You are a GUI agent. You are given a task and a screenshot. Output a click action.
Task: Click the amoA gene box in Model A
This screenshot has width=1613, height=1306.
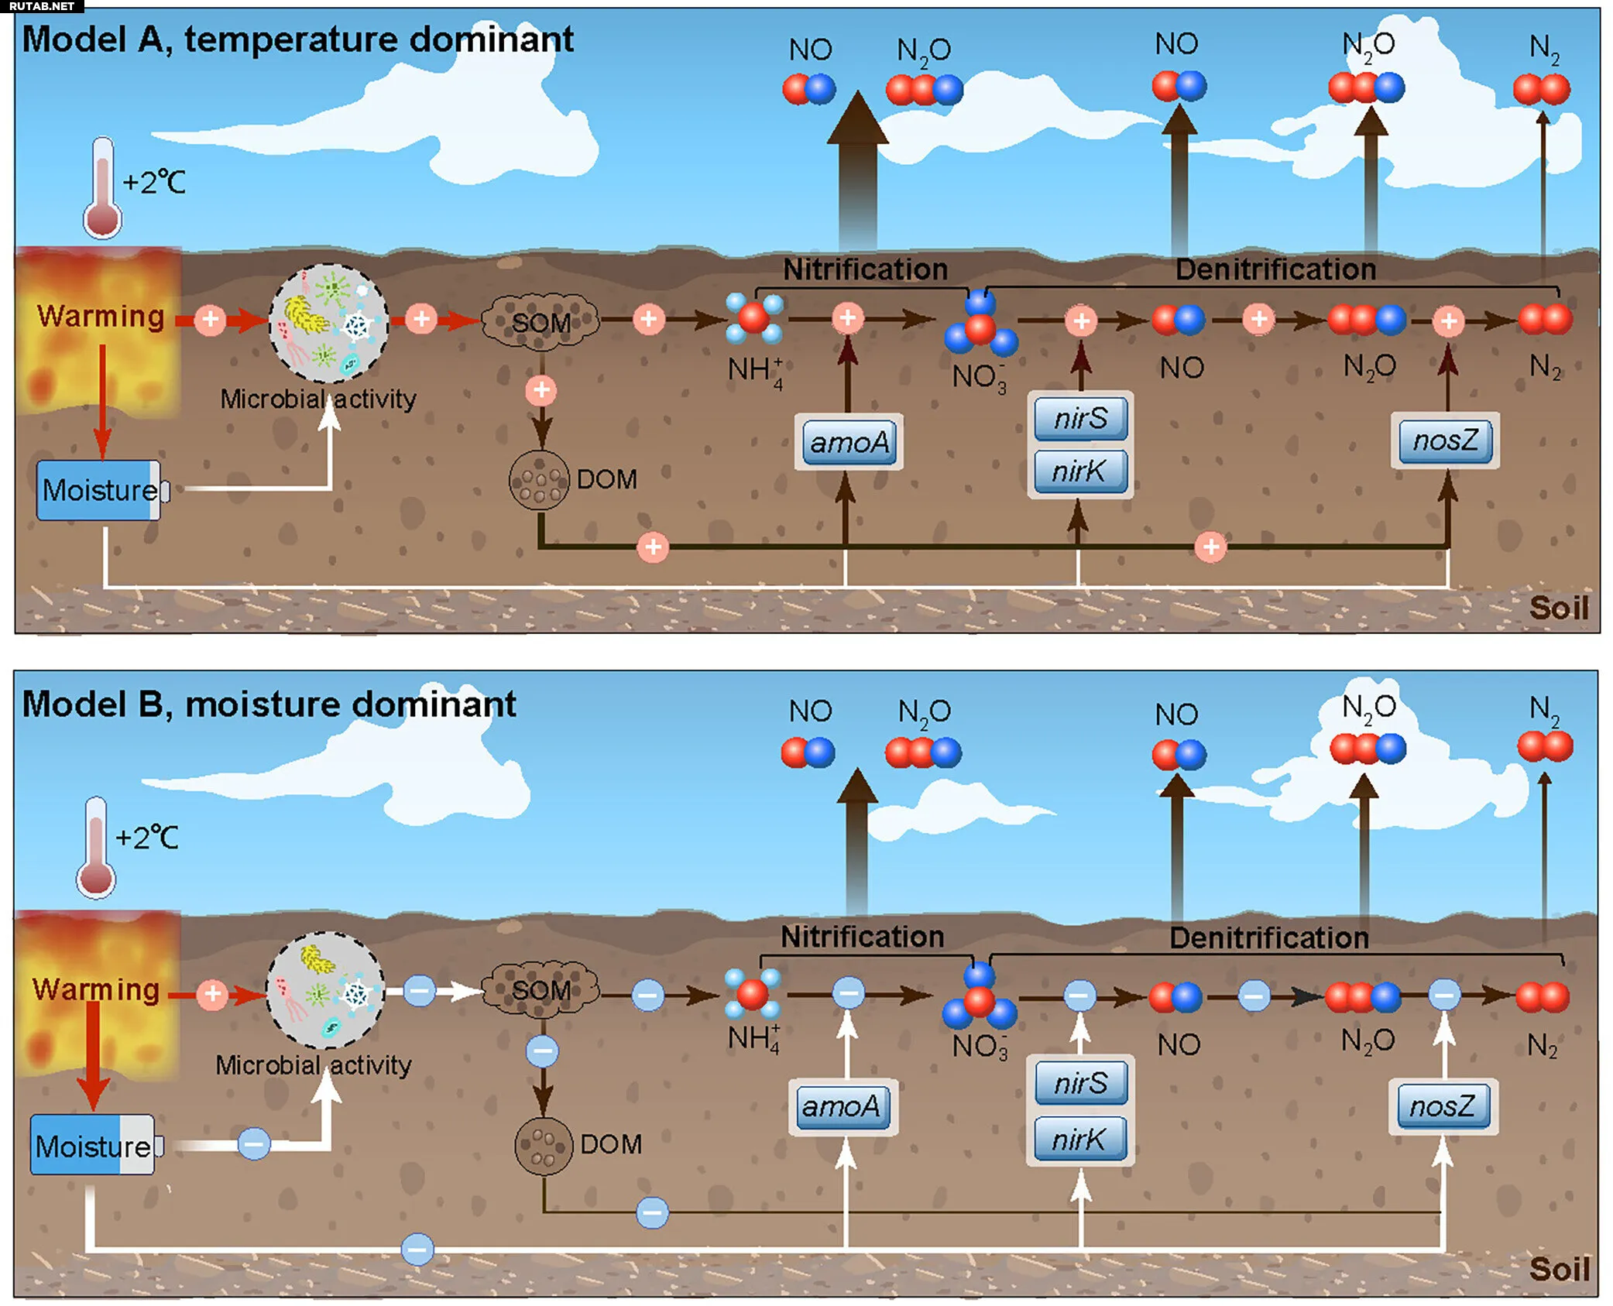click(849, 442)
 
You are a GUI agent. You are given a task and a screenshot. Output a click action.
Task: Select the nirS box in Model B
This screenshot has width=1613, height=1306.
click(1081, 1083)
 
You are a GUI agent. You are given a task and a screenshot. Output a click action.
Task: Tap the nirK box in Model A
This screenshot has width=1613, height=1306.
click(1079, 471)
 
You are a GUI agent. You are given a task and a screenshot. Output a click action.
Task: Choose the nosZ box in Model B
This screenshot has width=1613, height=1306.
click(1443, 1106)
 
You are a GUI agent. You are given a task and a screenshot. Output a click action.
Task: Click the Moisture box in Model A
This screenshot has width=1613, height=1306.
click(99, 490)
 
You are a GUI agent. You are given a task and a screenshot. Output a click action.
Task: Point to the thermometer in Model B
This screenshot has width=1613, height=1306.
click(95, 847)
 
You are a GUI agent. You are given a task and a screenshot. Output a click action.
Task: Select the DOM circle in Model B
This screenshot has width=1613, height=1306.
click(544, 1145)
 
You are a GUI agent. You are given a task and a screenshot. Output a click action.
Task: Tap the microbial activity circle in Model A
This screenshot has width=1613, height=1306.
click(328, 323)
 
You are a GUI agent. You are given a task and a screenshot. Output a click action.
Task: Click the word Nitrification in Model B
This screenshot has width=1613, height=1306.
click(862, 937)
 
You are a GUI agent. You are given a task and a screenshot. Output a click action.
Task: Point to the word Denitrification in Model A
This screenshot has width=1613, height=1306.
click(1275, 269)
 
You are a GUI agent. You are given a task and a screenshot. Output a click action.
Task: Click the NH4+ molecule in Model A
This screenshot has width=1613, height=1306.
click(753, 318)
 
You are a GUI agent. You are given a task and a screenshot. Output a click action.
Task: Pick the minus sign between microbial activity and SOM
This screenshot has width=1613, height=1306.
click(419, 991)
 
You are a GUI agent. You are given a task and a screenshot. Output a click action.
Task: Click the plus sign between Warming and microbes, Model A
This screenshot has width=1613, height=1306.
click(210, 319)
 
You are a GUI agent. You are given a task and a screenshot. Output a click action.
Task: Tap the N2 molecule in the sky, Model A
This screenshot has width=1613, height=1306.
click(1541, 89)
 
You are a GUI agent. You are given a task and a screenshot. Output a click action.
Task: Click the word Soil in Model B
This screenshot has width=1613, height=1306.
click(1558, 1270)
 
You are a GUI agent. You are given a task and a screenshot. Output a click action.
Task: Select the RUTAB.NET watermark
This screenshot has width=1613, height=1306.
click(42, 6)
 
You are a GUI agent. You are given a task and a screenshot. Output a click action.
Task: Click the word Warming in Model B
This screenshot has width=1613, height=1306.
click(96, 989)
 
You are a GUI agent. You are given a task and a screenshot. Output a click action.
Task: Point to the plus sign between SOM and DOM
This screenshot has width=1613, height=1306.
click(541, 390)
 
